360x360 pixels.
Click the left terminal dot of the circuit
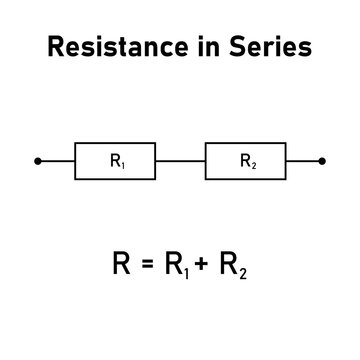tap(37, 160)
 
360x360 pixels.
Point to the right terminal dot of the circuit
tap(323, 160)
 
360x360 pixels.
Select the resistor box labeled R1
tap(115, 160)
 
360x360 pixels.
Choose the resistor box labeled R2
tap(245, 160)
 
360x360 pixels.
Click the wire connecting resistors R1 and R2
tap(180, 160)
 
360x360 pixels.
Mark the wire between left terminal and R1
tap(57, 160)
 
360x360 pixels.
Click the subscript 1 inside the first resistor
tap(122, 163)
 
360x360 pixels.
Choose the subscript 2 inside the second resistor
tap(252, 163)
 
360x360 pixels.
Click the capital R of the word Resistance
tap(57, 47)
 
